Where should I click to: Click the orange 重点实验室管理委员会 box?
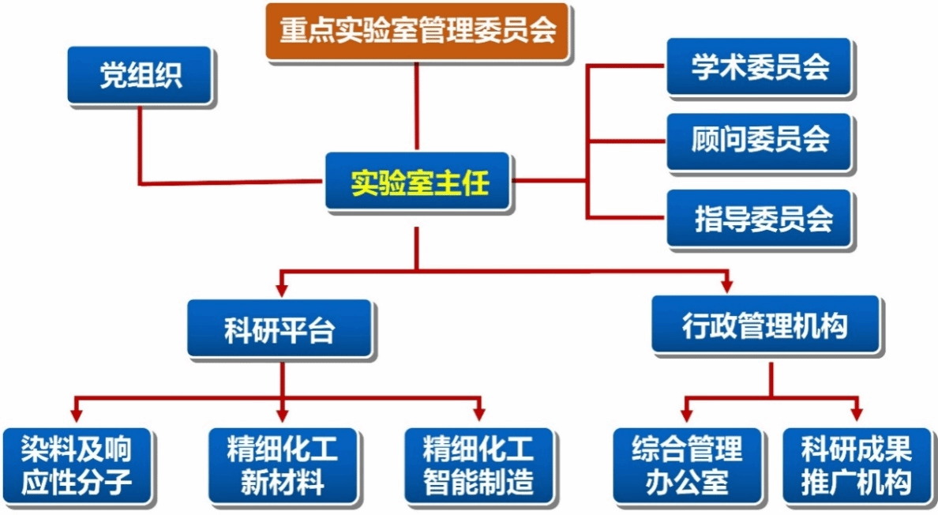coord(417,31)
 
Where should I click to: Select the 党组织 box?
coord(140,75)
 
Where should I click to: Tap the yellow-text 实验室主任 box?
coord(418,181)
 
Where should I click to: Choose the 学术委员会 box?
coord(759,66)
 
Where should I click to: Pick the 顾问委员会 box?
coord(759,141)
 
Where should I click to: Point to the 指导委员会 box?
coord(759,218)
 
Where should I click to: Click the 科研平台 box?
coord(280,329)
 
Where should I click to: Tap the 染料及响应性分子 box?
coord(77,465)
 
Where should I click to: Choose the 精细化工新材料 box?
coord(283,465)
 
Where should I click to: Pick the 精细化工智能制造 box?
coord(478,465)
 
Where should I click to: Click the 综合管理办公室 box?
coord(687,465)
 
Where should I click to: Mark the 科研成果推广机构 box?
coord(857,465)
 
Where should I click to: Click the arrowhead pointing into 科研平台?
coord(282,290)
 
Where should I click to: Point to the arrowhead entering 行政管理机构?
coord(727,286)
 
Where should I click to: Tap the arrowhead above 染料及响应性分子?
coord(76,415)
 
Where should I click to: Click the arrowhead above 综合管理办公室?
coord(687,415)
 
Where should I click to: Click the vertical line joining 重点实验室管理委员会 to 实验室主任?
coord(417,107)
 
